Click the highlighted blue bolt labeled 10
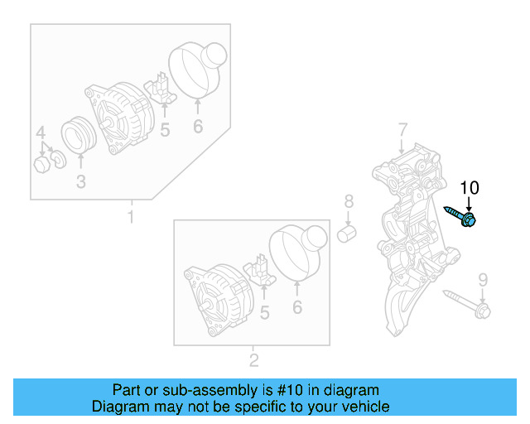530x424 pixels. pyautogui.click(x=460, y=216)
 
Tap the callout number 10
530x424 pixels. pyautogui.click(x=470, y=188)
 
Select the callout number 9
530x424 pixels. pyautogui.click(x=484, y=280)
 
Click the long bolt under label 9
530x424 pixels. pyautogui.click(x=467, y=304)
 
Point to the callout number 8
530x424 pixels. pyautogui.click(x=349, y=201)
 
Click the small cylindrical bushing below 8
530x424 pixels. pyautogui.click(x=347, y=234)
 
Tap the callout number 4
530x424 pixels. pyautogui.click(x=41, y=132)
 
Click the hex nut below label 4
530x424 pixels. pyautogui.click(x=42, y=165)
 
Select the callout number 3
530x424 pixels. pyautogui.click(x=81, y=181)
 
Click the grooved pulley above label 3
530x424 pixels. pyautogui.click(x=79, y=134)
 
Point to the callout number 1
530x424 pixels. pyautogui.click(x=131, y=216)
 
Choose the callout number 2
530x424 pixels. pyautogui.click(x=254, y=360)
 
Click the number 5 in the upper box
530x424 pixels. pyautogui.click(x=165, y=130)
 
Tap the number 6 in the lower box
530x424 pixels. pyautogui.click(x=297, y=307)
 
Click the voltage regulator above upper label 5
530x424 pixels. pyautogui.click(x=161, y=89)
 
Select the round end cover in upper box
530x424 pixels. pyautogui.click(x=198, y=70)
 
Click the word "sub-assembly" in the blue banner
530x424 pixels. pyautogui.click(x=210, y=390)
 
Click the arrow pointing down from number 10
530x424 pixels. pyautogui.click(x=469, y=205)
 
